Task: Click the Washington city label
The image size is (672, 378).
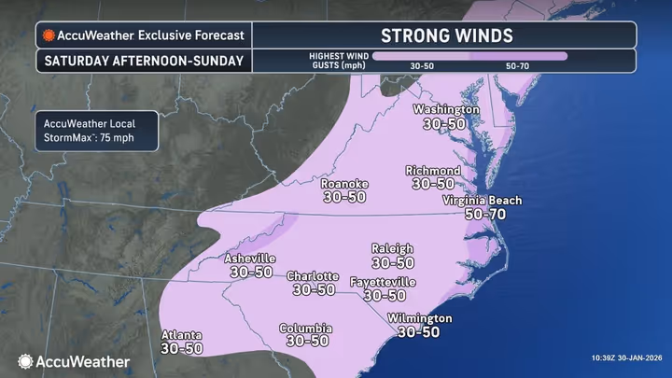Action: pos(446,109)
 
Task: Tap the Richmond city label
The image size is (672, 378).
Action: pos(432,171)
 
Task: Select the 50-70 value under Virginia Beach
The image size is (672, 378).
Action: pos(485,214)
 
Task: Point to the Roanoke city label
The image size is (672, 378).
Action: pos(344,184)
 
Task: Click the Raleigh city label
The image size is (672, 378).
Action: pos(392,248)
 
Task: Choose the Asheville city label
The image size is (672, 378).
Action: pos(250,258)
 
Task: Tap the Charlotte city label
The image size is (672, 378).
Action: pos(313,276)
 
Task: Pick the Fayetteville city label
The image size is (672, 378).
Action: pos(383,282)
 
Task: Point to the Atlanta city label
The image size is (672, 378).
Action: pos(180,335)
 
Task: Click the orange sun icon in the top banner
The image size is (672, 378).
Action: pos(48,35)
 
